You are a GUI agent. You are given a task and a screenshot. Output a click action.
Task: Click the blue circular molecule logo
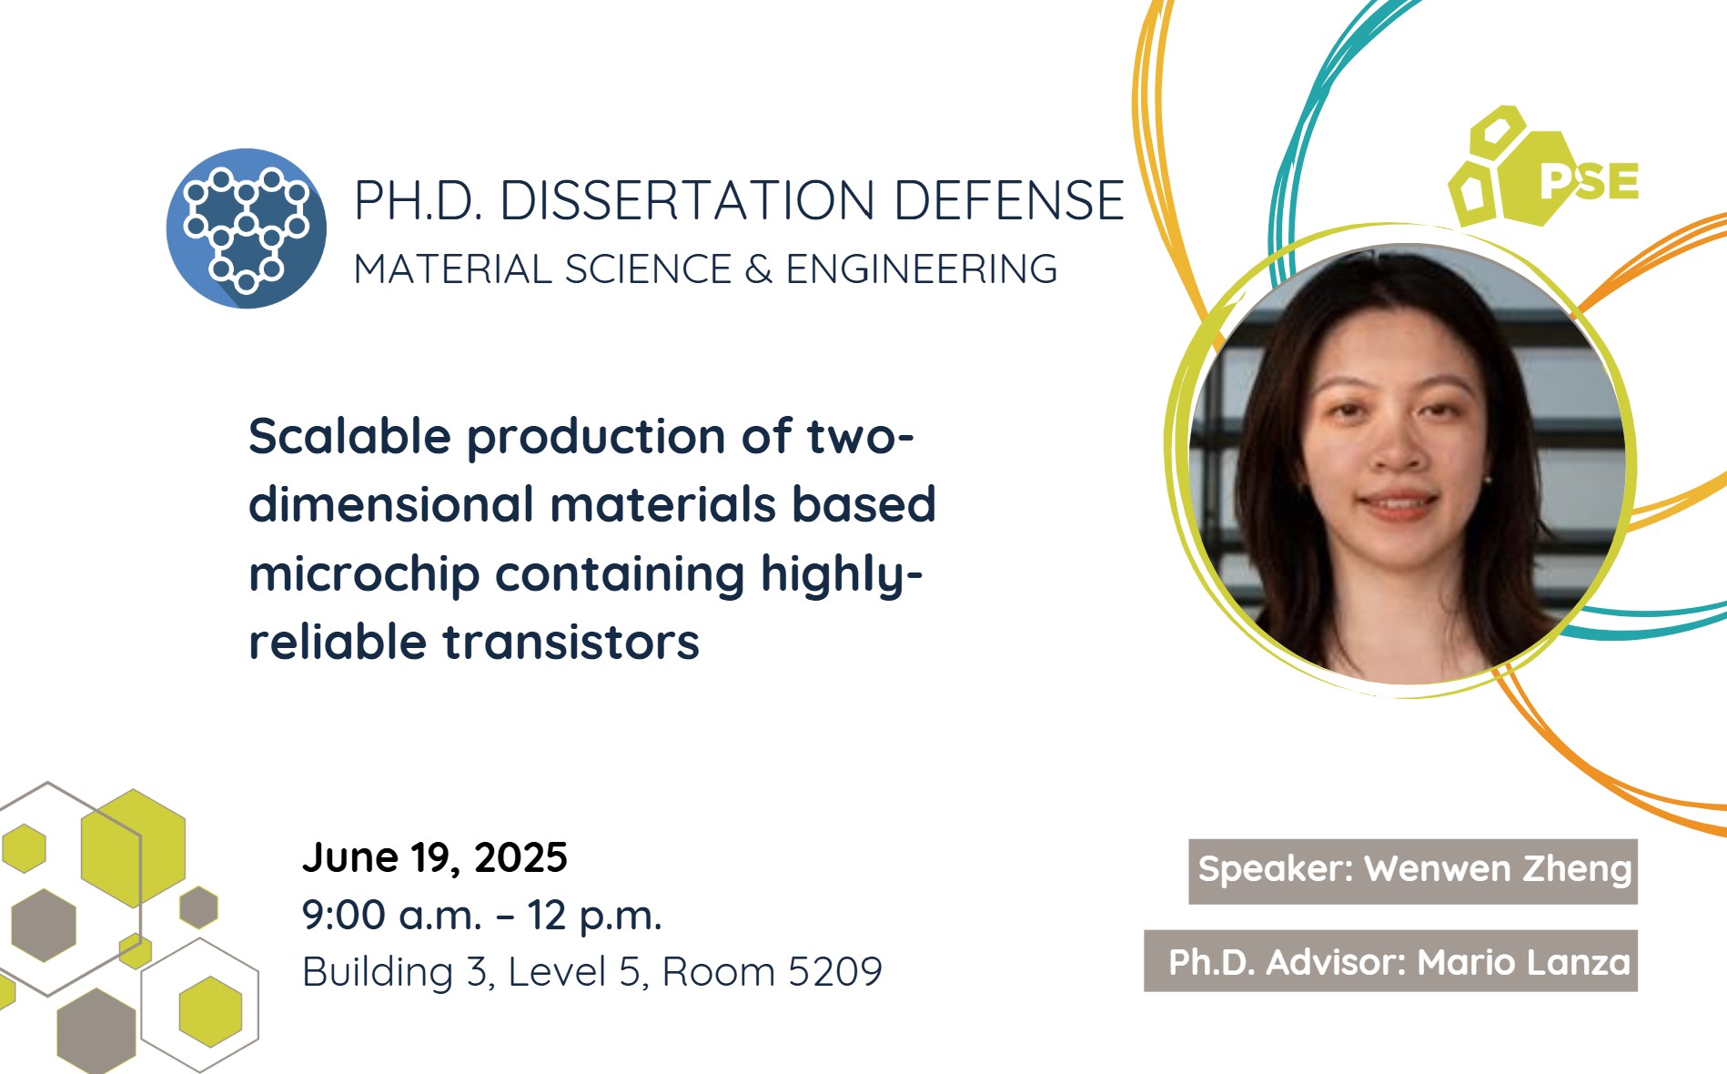(x=246, y=228)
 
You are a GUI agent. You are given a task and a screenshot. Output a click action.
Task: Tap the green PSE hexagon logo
(x=1543, y=167)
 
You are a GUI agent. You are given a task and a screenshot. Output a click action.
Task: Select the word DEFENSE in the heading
(x=1009, y=200)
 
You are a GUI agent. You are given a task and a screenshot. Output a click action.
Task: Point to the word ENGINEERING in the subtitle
(x=922, y=269)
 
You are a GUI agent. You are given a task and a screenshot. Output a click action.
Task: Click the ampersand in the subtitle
(x=758, y=269)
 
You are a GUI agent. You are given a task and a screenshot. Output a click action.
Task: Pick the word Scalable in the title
(x=350, y=436)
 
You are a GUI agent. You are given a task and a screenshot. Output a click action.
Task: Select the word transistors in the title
(x=571, y=642)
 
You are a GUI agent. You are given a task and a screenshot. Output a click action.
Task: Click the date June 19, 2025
(x=435, y=858)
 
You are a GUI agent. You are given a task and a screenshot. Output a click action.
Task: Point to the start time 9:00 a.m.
(x=391, y=916)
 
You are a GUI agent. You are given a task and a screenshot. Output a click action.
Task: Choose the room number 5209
(x=835, y=972)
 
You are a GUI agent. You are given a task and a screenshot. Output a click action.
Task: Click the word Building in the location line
(x=378, y=973)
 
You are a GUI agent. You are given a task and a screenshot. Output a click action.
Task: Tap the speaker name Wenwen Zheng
(x=1498, y=870)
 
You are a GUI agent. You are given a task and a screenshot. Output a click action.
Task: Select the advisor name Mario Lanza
(x=1524, y=962)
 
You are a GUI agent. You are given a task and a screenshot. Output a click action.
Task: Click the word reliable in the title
(x=338, y=642)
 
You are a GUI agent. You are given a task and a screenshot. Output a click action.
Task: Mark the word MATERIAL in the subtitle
(x=452, y=269)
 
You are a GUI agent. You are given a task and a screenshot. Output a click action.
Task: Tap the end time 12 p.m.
(x=594, y=917)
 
